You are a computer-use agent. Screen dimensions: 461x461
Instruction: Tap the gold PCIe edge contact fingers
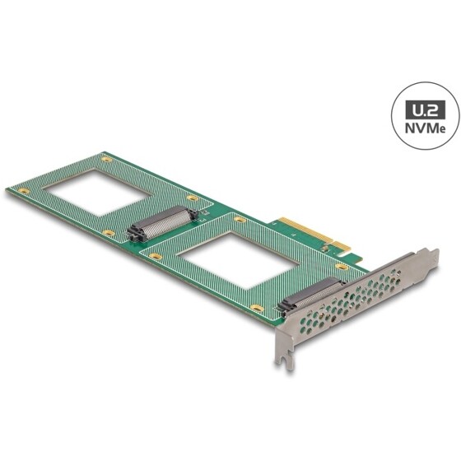(308, 235)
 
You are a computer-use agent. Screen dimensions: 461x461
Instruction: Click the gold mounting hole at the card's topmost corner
(105, 157)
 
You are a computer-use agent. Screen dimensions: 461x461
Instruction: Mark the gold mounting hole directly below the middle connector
(153, 253)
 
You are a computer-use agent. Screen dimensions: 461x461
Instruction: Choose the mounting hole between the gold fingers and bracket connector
(338, 267)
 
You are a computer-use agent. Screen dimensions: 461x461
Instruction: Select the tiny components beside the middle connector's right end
(200, 216)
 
